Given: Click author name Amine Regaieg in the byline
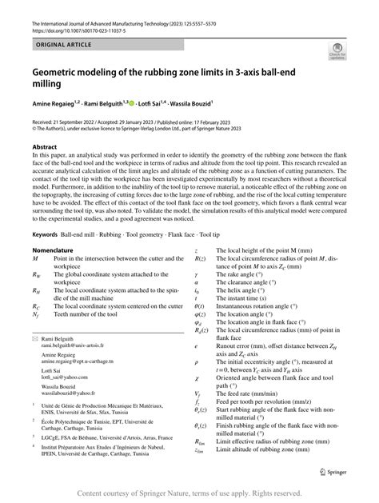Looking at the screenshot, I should click(x=53, y=104).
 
